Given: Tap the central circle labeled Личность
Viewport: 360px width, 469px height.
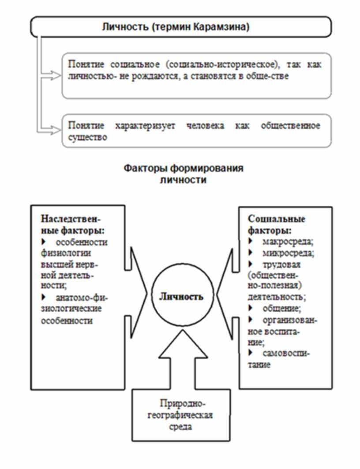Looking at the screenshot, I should pos(181,296).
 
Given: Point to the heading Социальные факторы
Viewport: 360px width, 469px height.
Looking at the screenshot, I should pos(277,224).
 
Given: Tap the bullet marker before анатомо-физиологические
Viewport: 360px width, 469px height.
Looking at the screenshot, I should pos(44,298).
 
